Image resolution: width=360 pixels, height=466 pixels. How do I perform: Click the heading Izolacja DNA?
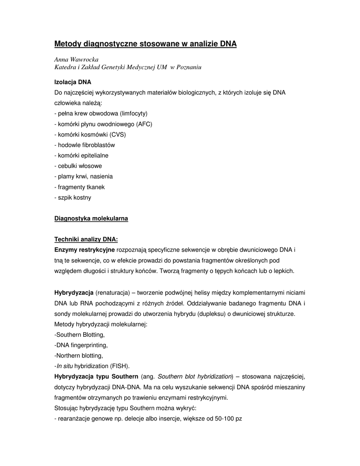73,82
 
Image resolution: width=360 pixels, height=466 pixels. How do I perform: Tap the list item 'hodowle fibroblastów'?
85,145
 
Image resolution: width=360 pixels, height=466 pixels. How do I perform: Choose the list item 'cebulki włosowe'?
78,166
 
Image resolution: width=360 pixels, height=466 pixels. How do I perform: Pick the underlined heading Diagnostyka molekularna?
91,218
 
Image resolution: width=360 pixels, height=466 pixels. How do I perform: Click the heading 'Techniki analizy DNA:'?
86,239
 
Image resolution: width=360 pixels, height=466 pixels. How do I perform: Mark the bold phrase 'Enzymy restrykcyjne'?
85,250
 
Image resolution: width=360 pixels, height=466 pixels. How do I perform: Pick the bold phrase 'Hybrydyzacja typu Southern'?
96,376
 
